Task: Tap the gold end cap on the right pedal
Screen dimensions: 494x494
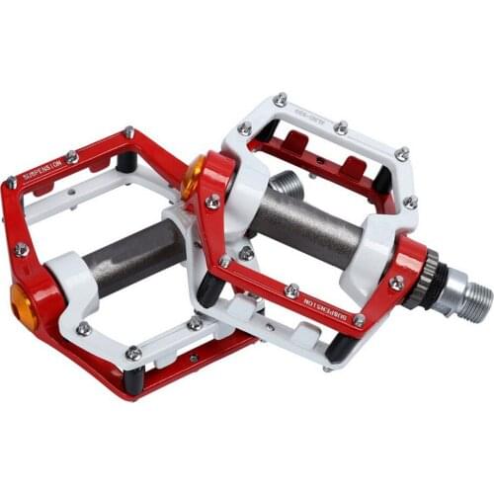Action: pyautogui.click(x=193, y=175)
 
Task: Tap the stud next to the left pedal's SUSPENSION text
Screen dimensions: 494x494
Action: pyautogui.click(x=72, y=156)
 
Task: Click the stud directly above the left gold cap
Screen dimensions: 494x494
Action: pyautogui.click(x=22, y=249)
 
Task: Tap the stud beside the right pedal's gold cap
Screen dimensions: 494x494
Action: pyautogui.click(x=212, y=202)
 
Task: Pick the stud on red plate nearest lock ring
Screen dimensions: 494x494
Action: pyautogui.click(x=396, y=283)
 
